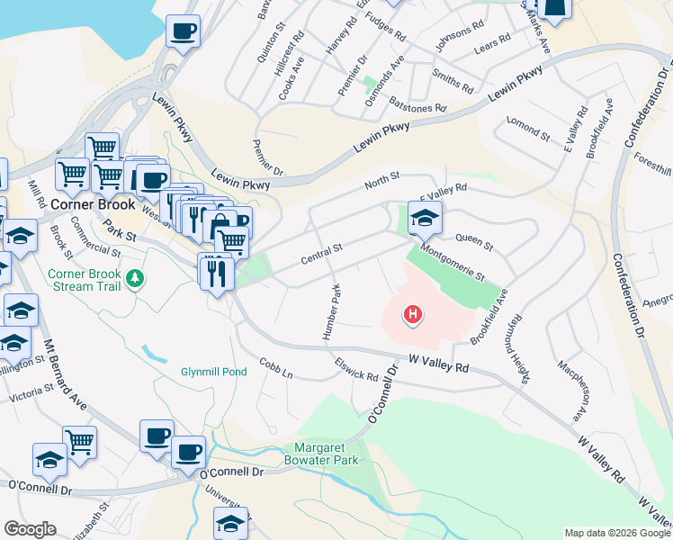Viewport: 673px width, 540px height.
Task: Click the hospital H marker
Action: pos(412,314)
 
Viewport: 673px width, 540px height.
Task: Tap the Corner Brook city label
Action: pos(92,204)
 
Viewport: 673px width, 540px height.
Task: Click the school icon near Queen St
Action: pos(425,216)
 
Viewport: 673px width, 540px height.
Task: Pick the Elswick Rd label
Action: pos(355,370)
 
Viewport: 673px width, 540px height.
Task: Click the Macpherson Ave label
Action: pos(572,391)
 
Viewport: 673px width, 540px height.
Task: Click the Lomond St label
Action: pos(527,130)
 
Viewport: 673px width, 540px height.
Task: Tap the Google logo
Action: pos(30,529)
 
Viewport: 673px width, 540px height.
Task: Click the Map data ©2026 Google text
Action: pos(615,533)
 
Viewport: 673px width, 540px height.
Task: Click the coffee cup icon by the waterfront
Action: pos(183,31)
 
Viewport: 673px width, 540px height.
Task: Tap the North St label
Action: pos(381,183)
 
